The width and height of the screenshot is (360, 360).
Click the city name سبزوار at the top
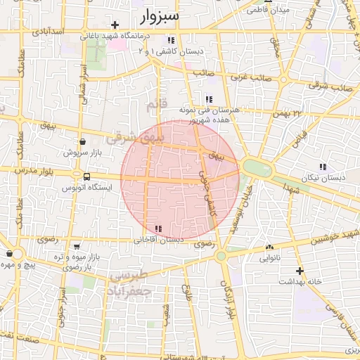coord(160,15)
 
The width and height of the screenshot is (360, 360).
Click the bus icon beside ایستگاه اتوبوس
coord(86,176)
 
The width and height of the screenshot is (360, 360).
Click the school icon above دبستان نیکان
coord(323,167)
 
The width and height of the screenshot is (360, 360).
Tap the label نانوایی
coord(270,259)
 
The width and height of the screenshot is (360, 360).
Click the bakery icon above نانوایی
coord(270,247)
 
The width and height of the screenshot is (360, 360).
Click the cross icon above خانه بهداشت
coord(300,271)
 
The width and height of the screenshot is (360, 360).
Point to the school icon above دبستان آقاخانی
coord(157,229)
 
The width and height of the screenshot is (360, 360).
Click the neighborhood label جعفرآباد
coord(129,290)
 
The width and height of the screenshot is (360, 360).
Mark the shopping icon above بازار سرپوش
coord(84,141)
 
